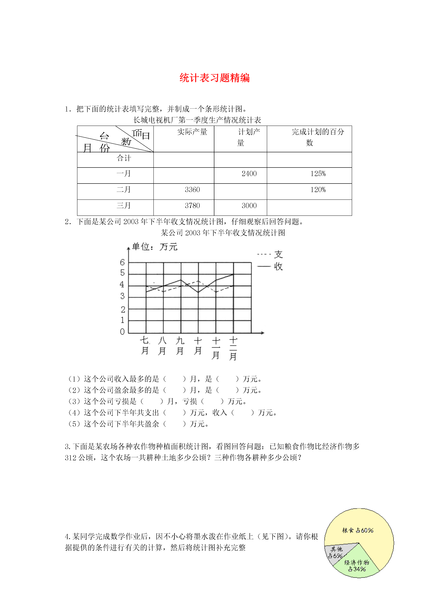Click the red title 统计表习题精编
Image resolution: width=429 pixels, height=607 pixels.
point(214,78)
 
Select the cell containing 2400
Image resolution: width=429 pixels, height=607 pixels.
point(249,174)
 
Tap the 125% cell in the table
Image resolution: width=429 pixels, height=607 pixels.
point(318,174)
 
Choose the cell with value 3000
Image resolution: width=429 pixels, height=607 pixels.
point(249,206)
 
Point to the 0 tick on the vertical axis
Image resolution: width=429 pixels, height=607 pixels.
point(122,331)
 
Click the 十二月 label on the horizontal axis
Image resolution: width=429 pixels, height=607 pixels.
point(233,349)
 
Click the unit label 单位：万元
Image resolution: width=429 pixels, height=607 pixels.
point(155,247)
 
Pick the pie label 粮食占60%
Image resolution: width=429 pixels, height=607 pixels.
point(358,530)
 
